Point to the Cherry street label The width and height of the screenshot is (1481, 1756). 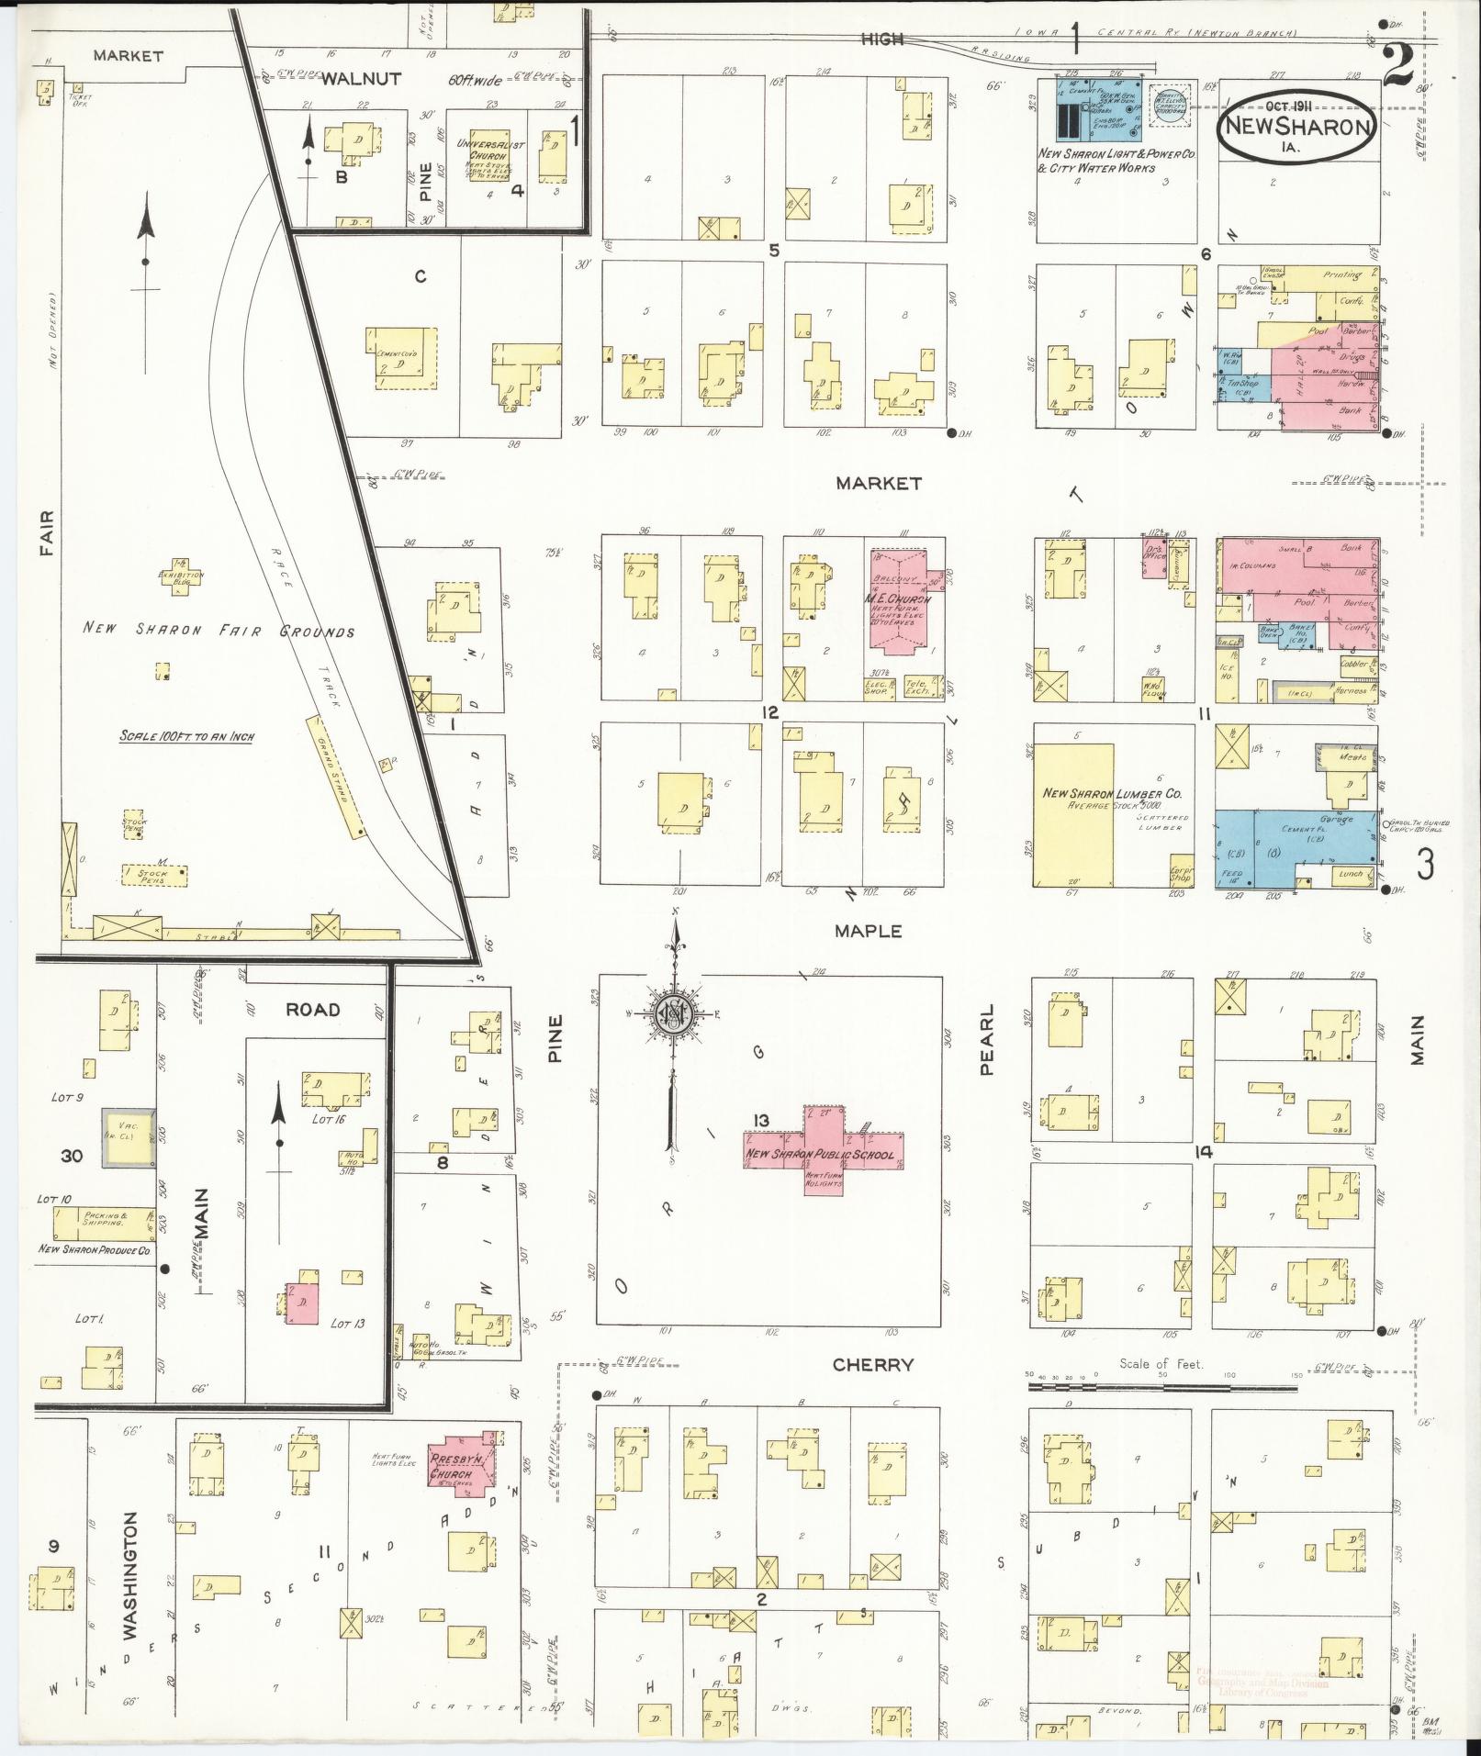(x=872, y=1365)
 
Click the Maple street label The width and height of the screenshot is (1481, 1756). (x=868, y=931)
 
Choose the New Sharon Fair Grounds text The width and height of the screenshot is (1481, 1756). (x=218, y=631)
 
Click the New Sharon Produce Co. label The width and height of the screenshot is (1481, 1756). (x=94, y=1250)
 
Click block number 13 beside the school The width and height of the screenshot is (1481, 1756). (x=761, y=1119)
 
